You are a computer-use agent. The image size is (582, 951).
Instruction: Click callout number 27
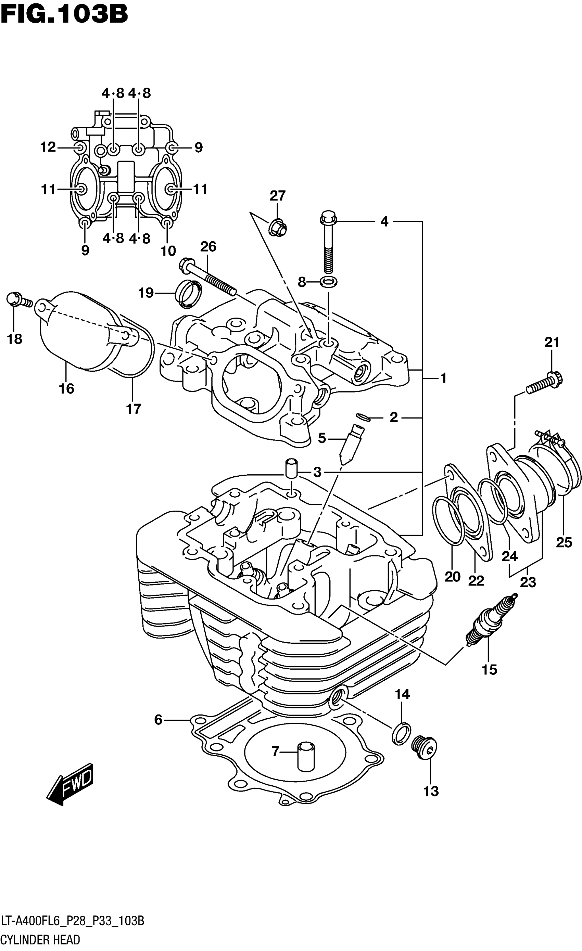(277, 196)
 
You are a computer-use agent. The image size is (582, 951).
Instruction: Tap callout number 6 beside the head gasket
(158, 719)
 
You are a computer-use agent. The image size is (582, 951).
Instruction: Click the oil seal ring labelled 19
(189, 295)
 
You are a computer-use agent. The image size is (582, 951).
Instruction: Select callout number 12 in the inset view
(48, 147)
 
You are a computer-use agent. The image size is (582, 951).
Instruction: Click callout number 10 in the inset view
(168, 251)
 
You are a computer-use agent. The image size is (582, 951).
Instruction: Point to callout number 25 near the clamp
(564, 542)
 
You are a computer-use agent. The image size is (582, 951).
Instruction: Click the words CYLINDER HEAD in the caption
(40, 939)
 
